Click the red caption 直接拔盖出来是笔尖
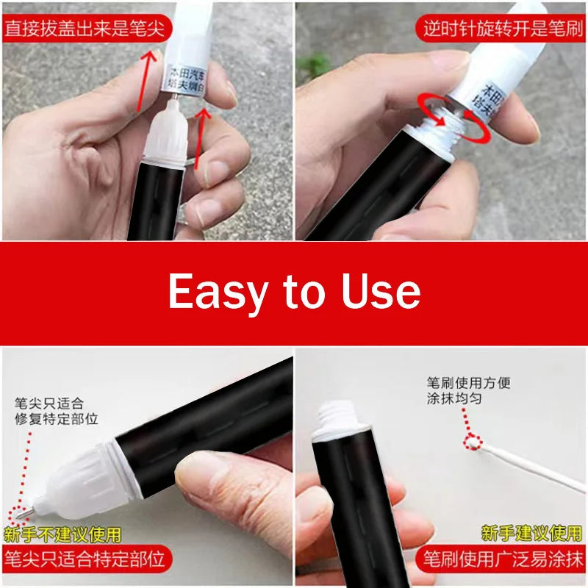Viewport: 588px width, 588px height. click(86, 29)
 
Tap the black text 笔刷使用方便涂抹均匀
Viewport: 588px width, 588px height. click(468, 390)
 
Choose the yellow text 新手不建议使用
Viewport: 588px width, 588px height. click(62, 534)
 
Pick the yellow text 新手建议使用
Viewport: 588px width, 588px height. click(532, 532)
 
